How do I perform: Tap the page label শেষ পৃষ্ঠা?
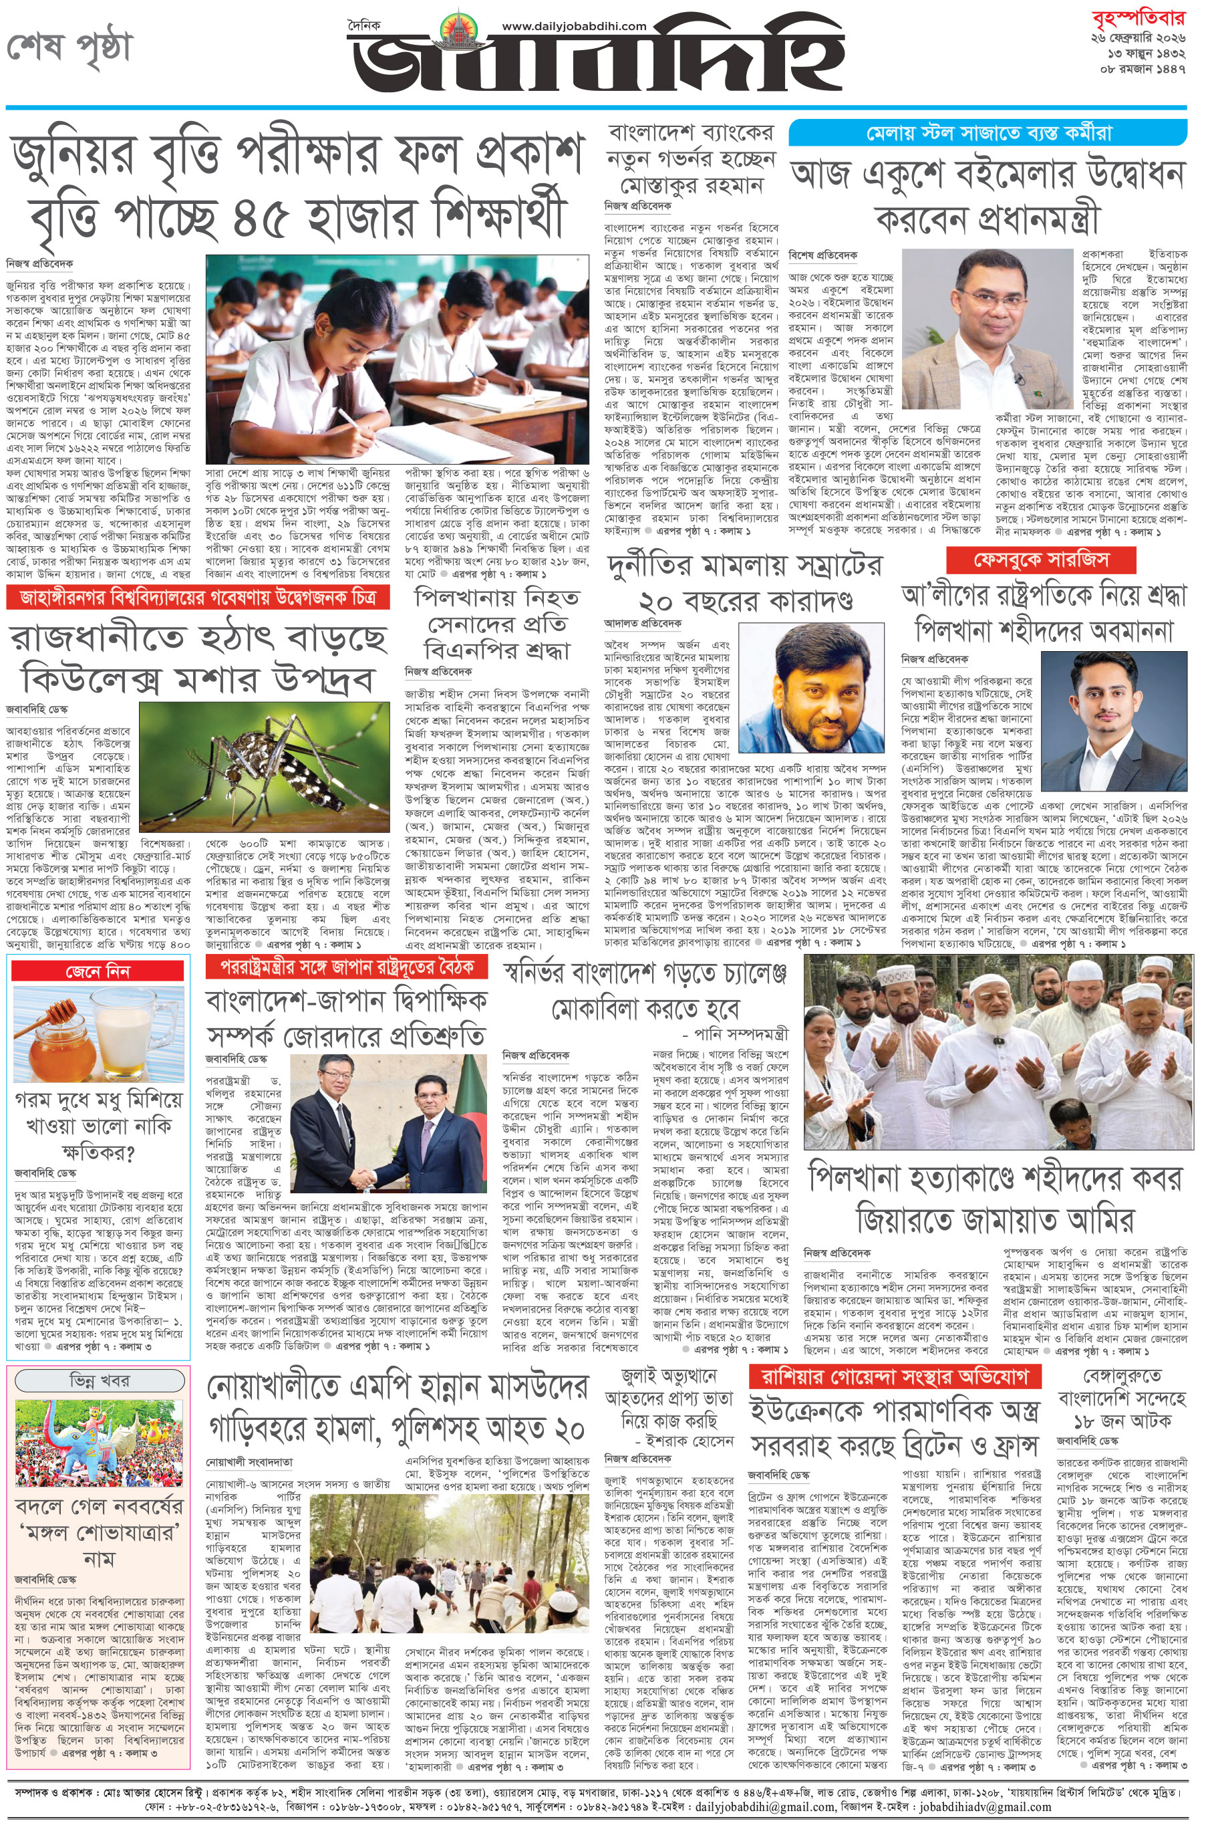tap(69, 48)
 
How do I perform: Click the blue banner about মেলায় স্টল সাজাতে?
tap(987, 132)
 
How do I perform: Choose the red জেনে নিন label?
tap(98, 971)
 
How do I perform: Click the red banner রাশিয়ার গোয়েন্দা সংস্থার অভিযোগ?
tap(894, 1377)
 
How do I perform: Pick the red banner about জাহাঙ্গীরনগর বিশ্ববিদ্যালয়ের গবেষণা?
tap(198, 598)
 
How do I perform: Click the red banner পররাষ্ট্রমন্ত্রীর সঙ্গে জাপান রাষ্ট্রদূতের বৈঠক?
tap(347, 967)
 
